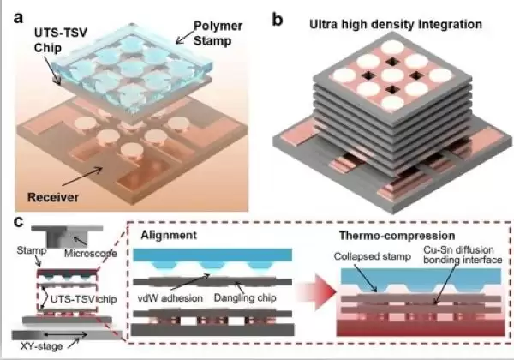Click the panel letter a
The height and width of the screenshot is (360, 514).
[x=19, y=18]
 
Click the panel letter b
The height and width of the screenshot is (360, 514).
[x=278, y=20]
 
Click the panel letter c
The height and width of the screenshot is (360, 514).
[x=18, y=222]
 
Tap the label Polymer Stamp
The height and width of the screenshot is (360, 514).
[x=218, y=33]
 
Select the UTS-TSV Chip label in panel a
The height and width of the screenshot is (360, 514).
[x=61, y=40]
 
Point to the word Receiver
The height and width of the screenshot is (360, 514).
[x=53, y=197]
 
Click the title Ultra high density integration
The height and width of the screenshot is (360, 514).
[x=396, y=24]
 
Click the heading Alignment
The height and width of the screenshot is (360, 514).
[x=169, y=235]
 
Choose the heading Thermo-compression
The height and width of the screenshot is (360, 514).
[x=397, y=236]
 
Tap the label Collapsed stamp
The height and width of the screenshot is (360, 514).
[x=373, y=256]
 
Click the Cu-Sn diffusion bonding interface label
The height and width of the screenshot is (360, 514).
[x=463, y=255]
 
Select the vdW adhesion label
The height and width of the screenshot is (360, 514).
[x=170, y=298]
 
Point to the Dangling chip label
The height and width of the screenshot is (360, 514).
[x=245, y=297]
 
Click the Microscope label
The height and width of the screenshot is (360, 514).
[x=91, y=253]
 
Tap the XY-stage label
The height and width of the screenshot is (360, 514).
[x=42, y=346]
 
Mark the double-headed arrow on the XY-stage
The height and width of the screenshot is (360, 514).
[x=65, y=335]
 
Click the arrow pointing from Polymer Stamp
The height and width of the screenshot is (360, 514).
[x=184, y=38]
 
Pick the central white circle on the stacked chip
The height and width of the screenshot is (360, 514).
[x=392, y=75]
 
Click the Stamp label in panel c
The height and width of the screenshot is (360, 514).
[x=32, y=251]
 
